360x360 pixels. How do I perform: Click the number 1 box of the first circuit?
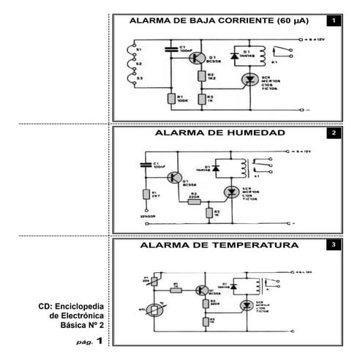coord(333,22)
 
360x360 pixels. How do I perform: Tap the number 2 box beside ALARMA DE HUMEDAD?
coord(333,134)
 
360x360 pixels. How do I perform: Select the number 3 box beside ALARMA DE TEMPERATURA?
coord(333,245)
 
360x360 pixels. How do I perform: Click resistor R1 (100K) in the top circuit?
coord(170,99)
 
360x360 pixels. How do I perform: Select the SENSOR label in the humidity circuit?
coord(149,217)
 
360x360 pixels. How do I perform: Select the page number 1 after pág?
coord(98,341)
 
